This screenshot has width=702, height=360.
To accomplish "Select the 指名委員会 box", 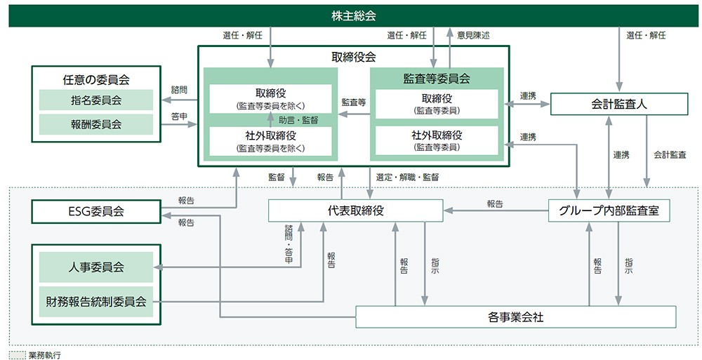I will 96,100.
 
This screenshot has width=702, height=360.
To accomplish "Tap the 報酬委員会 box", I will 96,124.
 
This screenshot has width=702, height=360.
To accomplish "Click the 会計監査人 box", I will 618,105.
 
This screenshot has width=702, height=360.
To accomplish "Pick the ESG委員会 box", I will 96,211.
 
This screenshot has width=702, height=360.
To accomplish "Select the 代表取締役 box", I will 356,211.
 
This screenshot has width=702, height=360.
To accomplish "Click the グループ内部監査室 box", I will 609,211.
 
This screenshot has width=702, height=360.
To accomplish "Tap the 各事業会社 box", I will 515,317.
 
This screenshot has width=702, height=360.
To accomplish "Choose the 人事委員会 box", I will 96,267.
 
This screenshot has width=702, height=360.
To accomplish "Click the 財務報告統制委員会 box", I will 96,302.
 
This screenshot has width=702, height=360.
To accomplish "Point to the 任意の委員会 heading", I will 96,80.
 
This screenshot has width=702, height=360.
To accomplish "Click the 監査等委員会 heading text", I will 437,79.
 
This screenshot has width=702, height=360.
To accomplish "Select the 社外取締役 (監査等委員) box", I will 437,140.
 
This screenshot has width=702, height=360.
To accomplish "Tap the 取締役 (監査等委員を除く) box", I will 270,99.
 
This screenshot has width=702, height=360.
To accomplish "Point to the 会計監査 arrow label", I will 670,154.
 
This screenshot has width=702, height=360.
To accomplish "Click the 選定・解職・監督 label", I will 408,178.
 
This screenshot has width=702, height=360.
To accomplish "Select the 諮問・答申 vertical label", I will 289,245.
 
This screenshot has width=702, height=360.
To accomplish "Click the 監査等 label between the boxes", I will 354,102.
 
